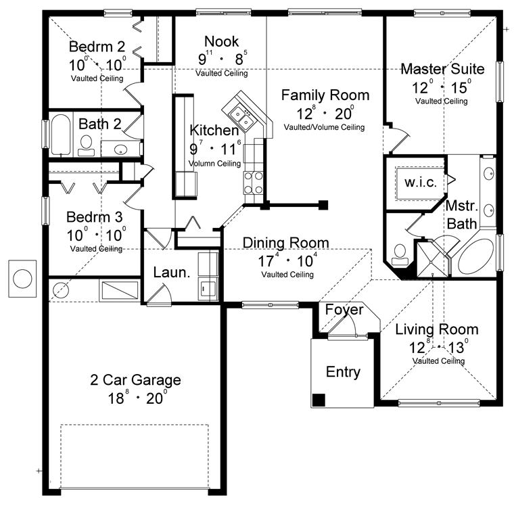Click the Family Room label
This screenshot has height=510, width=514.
click(325, 95)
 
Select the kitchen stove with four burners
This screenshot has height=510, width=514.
click(254, 183)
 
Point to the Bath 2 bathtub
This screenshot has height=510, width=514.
click(61, 134)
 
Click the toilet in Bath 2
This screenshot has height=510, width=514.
click(86, 146)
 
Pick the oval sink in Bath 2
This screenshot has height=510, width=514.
click(120, 149)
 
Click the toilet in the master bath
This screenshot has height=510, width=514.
click(400, 255)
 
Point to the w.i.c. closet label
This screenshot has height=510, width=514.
click(421, 182)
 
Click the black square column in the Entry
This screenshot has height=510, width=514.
click(319, 400)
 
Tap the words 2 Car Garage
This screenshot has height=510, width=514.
click(135, 380)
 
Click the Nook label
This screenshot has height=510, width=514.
click(222, 42)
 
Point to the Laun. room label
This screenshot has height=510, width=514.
click(172, 273)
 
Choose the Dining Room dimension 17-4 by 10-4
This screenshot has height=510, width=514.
click(287, 261)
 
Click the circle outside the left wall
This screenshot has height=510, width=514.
click(22, 279)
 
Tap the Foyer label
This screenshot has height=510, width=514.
click(344, 310)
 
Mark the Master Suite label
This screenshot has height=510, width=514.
click(442, 69)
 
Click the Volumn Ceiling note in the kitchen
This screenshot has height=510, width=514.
click(214, 163)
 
